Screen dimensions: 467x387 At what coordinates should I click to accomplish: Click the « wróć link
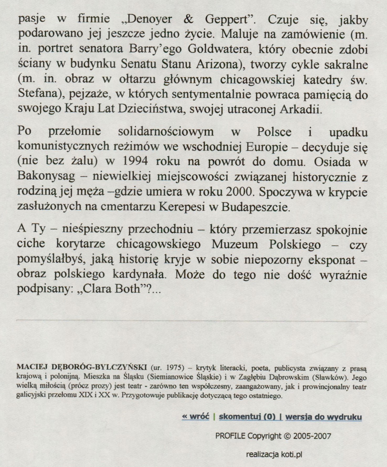click(x=195, y=417)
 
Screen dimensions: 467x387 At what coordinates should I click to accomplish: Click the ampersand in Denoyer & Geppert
click(x=189, y=19)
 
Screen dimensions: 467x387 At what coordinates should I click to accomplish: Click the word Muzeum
click(x=235, y=244)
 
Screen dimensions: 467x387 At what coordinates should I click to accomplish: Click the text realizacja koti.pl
click(x=274, y=454)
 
